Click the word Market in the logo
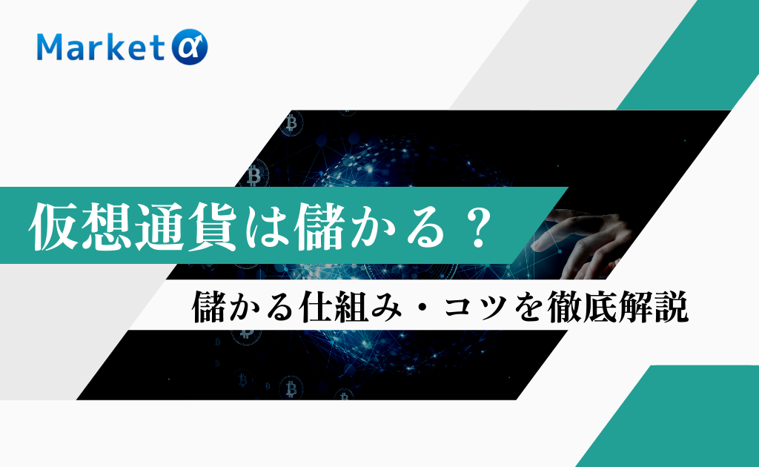pyautogui.click(x=100, y=47)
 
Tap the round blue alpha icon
pyautogui.click(x=190, y=47)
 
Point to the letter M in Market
pyautogui.click(x=51, y=47)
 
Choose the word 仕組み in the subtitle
pyautogui.click(x=350, y=306)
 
